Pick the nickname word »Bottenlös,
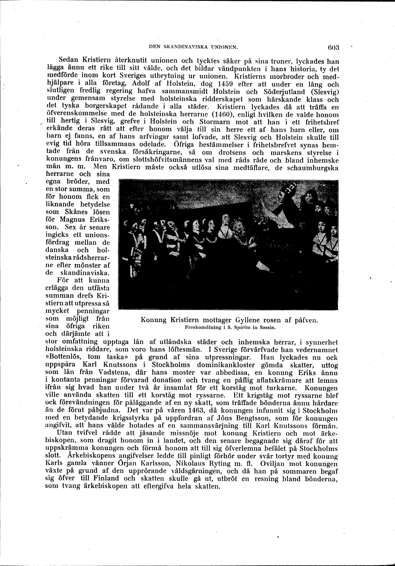pyautogui.click(x=63, y=357)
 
